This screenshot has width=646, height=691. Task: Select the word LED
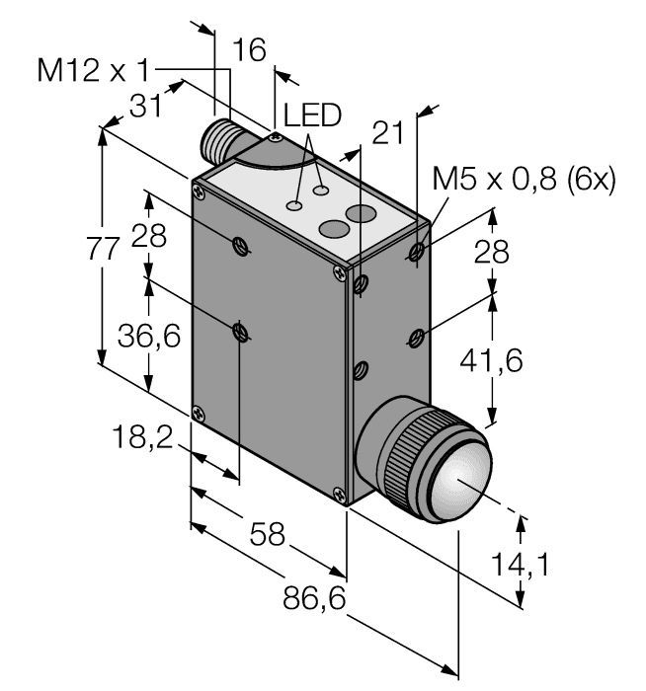(312, 115)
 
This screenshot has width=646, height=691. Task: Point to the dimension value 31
(145, 106)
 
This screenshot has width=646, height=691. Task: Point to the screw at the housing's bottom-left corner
(200, 412)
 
